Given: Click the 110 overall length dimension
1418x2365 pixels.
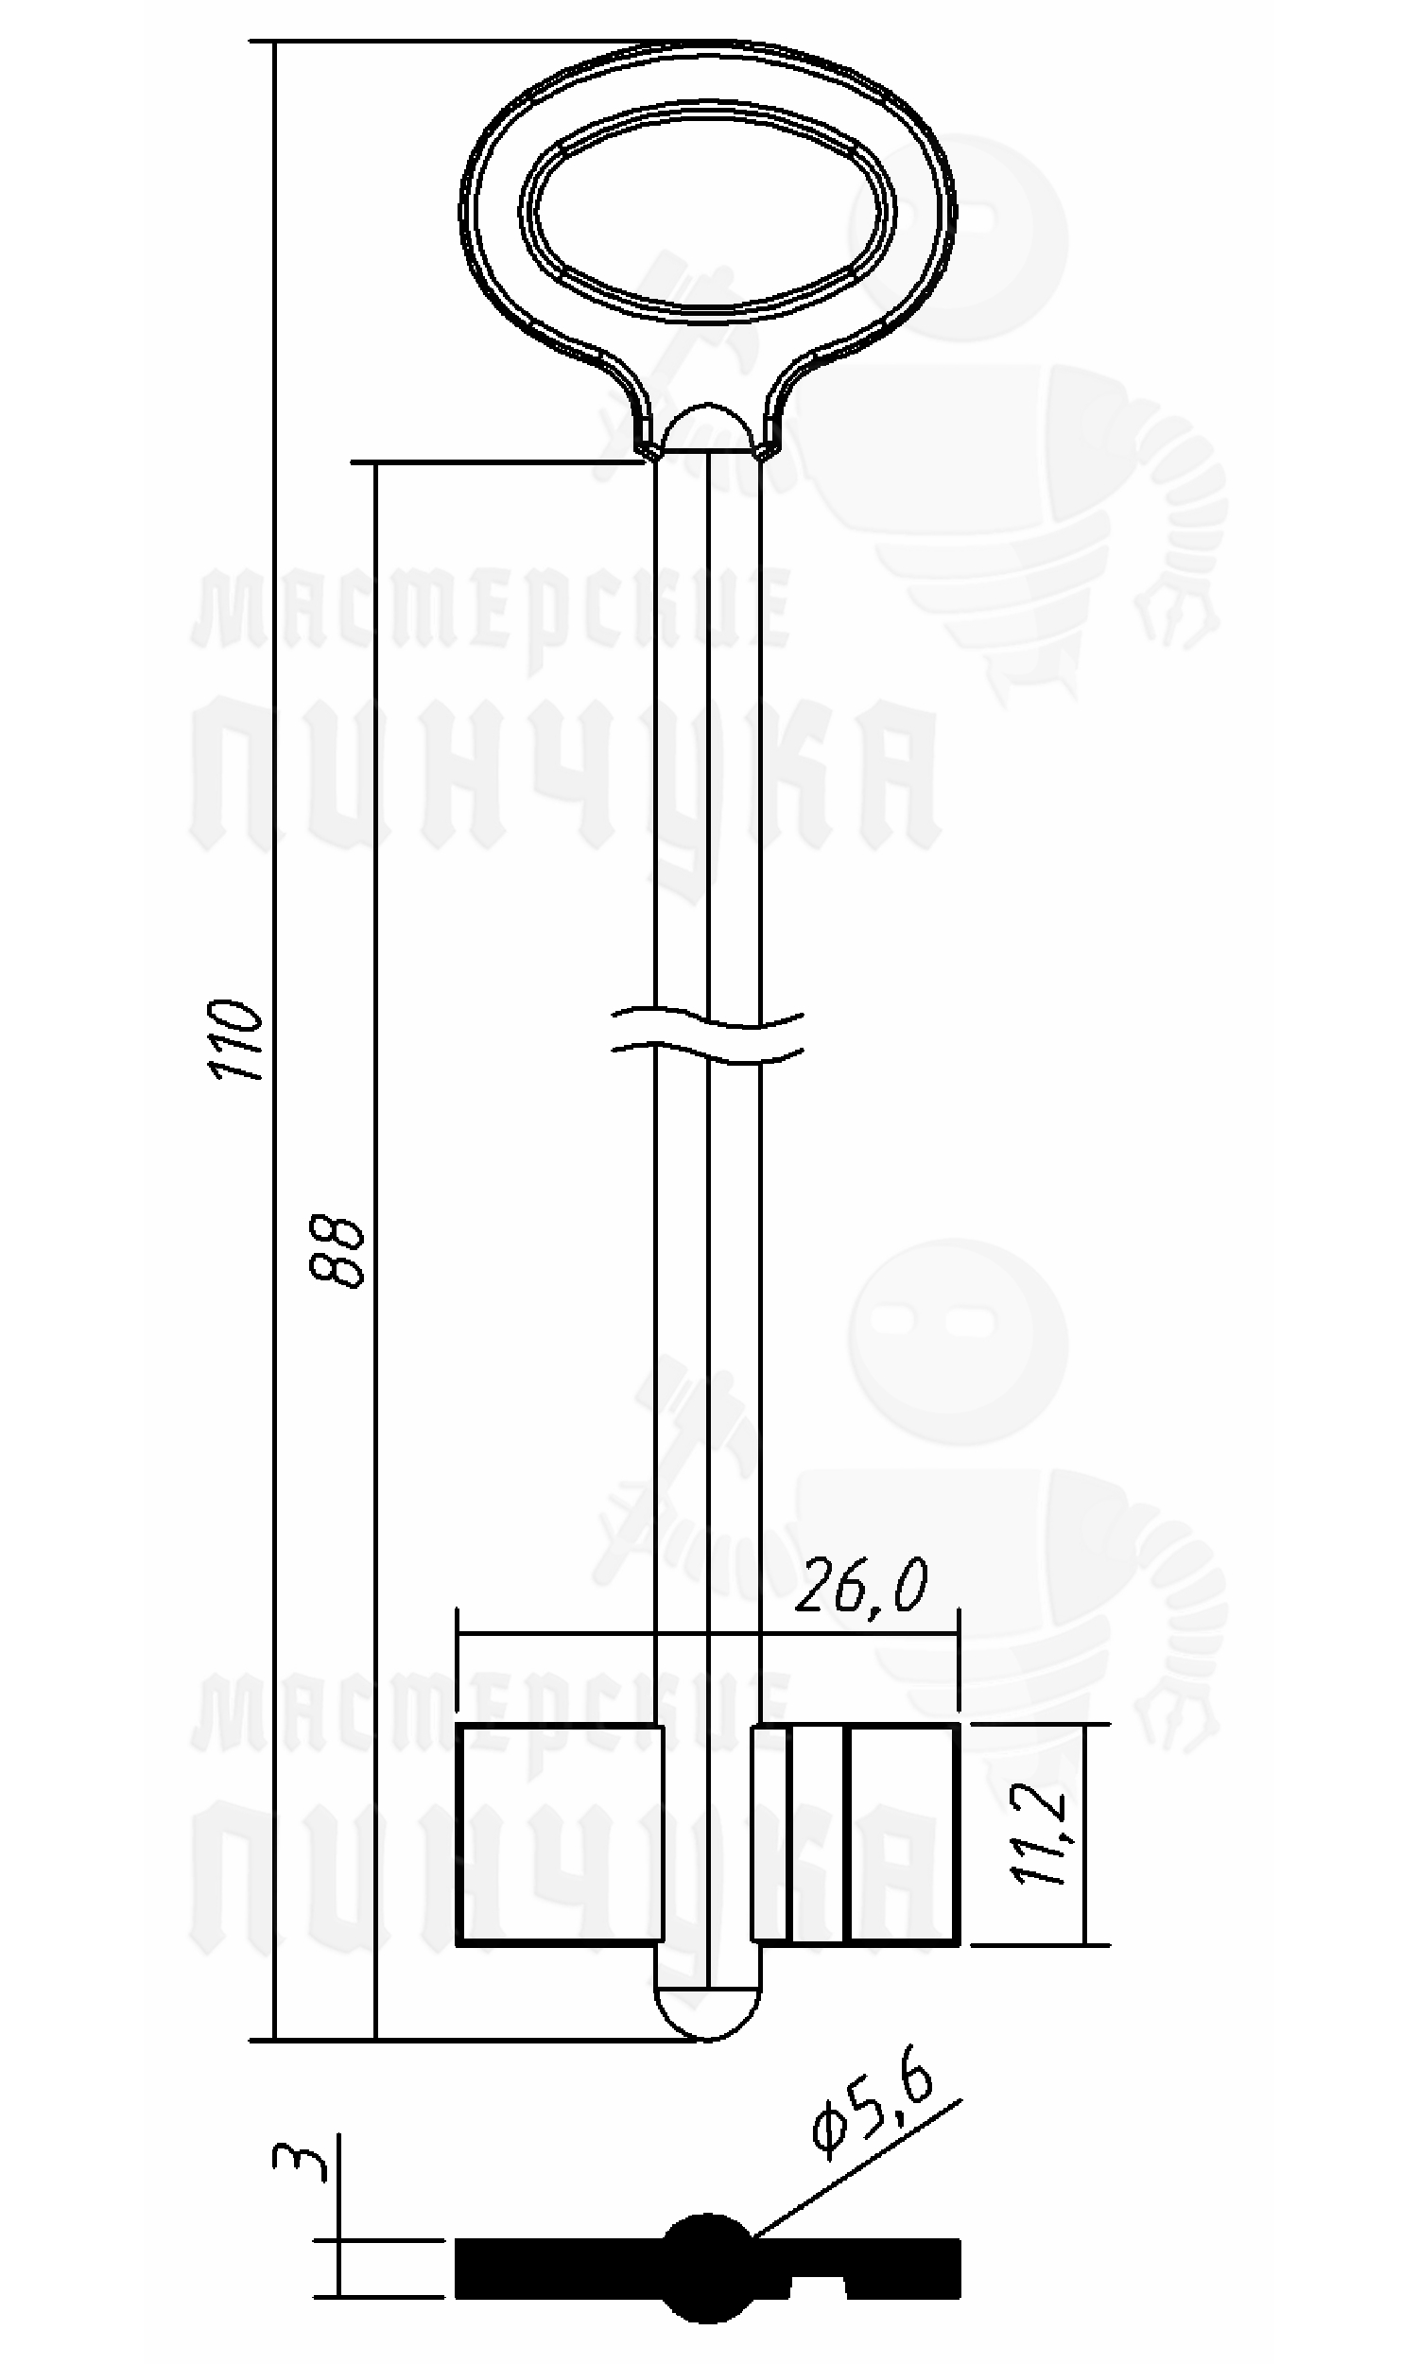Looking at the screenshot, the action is (x=236, y=1039).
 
